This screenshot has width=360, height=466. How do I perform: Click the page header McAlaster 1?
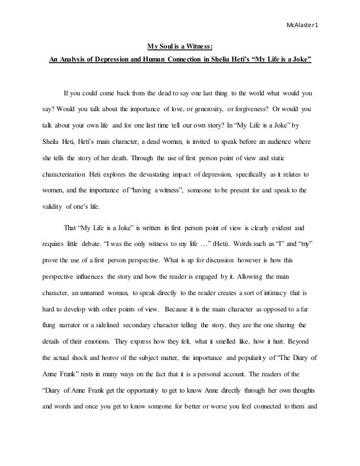coord(302,25)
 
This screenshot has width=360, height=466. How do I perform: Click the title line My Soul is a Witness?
coord(180,47)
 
